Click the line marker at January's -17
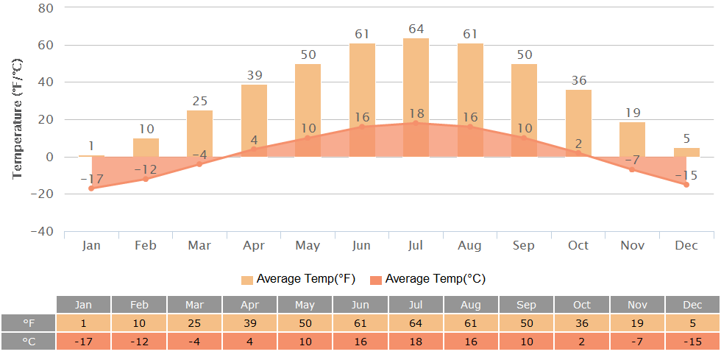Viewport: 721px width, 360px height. click(x=91, y=188)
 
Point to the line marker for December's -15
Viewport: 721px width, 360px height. click(x=686, y=185)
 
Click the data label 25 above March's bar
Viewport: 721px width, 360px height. click(x=199, y=101)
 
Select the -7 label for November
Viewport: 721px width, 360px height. click(x=632, y=160)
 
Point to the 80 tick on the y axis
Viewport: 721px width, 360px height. click(x=45, y=8)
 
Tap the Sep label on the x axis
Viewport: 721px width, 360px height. click(x=524, y=245)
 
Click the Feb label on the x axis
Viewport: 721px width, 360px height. click(x=146, y=245)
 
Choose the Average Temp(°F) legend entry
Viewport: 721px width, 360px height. click(x=297, y=279)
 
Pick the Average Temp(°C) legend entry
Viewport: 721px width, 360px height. click(x=427, y=279)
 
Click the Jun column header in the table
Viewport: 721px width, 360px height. click(x=360, y=305)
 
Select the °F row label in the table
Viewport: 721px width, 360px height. click(x=29, y=323)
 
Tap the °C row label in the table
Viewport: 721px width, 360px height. click(x=29, y=342)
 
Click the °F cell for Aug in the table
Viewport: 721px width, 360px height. click(x=470, y=323)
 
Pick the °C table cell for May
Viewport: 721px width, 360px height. click(x=305, y=342)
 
